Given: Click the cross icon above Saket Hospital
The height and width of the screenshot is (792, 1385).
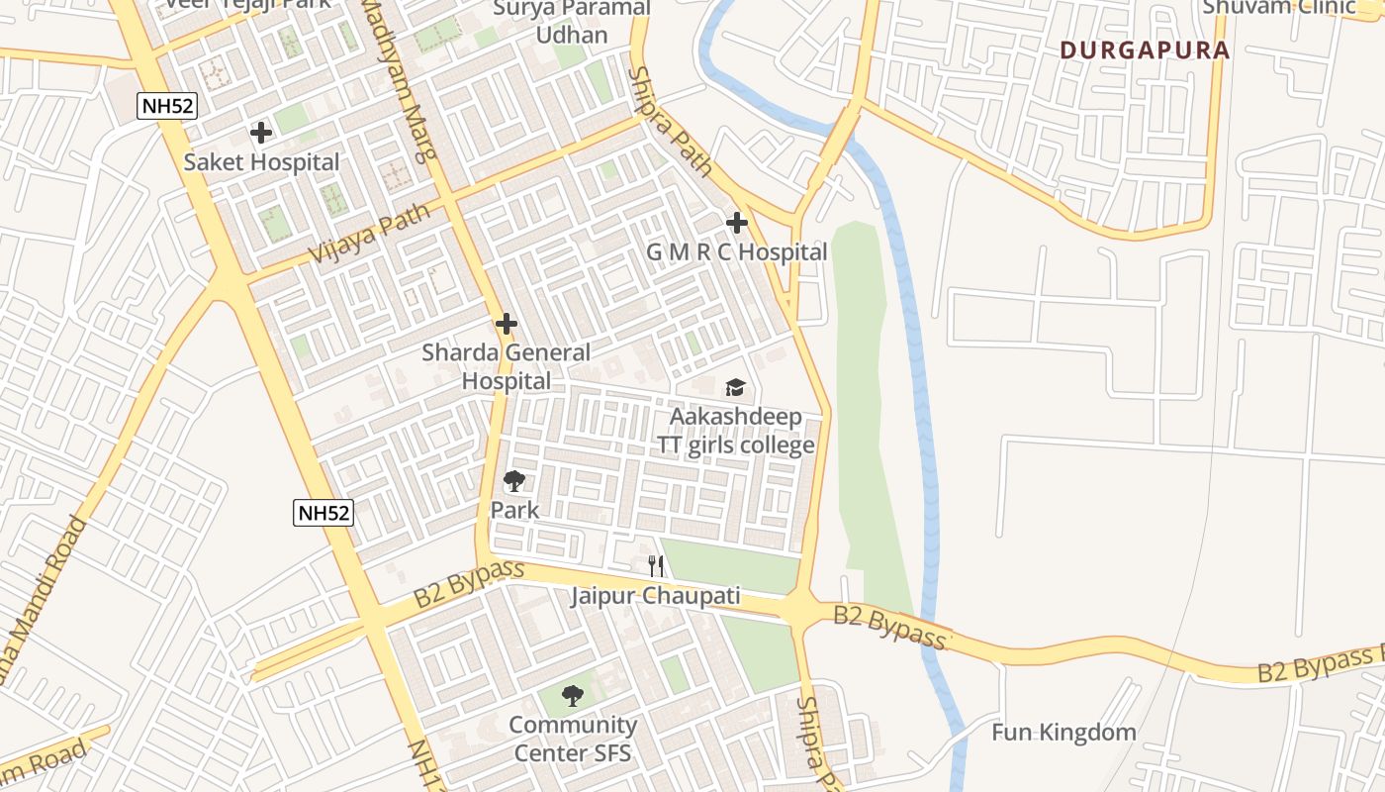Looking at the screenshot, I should [x=261, y=133].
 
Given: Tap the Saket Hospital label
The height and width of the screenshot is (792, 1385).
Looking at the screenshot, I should [x=261, y=162].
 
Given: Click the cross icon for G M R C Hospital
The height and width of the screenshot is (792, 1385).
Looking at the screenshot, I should [x=737, y=223].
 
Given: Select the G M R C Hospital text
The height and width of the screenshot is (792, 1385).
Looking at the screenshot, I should [x=737, y=252].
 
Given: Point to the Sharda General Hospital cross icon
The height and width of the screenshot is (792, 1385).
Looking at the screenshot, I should [x=507, y=324].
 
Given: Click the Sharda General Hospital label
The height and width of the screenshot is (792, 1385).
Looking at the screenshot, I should [x=507, y=366].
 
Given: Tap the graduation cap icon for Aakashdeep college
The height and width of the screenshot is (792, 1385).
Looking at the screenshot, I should [x=735, y=387].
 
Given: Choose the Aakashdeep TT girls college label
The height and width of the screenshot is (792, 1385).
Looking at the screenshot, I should [x=737, y=431].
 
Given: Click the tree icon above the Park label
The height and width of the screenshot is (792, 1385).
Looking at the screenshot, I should [x=514, y=482].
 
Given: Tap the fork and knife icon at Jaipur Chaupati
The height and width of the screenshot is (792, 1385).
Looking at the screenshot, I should [x=655, y=566].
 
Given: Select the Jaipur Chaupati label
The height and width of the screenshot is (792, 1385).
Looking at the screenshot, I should [x=655, y=596].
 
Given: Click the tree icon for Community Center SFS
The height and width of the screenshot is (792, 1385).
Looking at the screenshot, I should [x=572, y=696].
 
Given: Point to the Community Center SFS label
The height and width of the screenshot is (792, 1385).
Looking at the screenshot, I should [x=572, y=739].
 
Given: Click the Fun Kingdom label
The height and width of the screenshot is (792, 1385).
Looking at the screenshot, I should [x=1063, y=733].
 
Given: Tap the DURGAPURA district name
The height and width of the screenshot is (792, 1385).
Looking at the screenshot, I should [x=1145, y=50].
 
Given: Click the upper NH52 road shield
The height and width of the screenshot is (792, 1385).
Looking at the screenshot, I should [x=167, y=105].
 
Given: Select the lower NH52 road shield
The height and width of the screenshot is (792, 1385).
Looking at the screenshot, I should [x=323, y=513].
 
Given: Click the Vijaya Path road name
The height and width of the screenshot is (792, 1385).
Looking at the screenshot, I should [x=370, y=234].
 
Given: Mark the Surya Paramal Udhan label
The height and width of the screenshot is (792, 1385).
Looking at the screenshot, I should [x=572, y=22].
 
